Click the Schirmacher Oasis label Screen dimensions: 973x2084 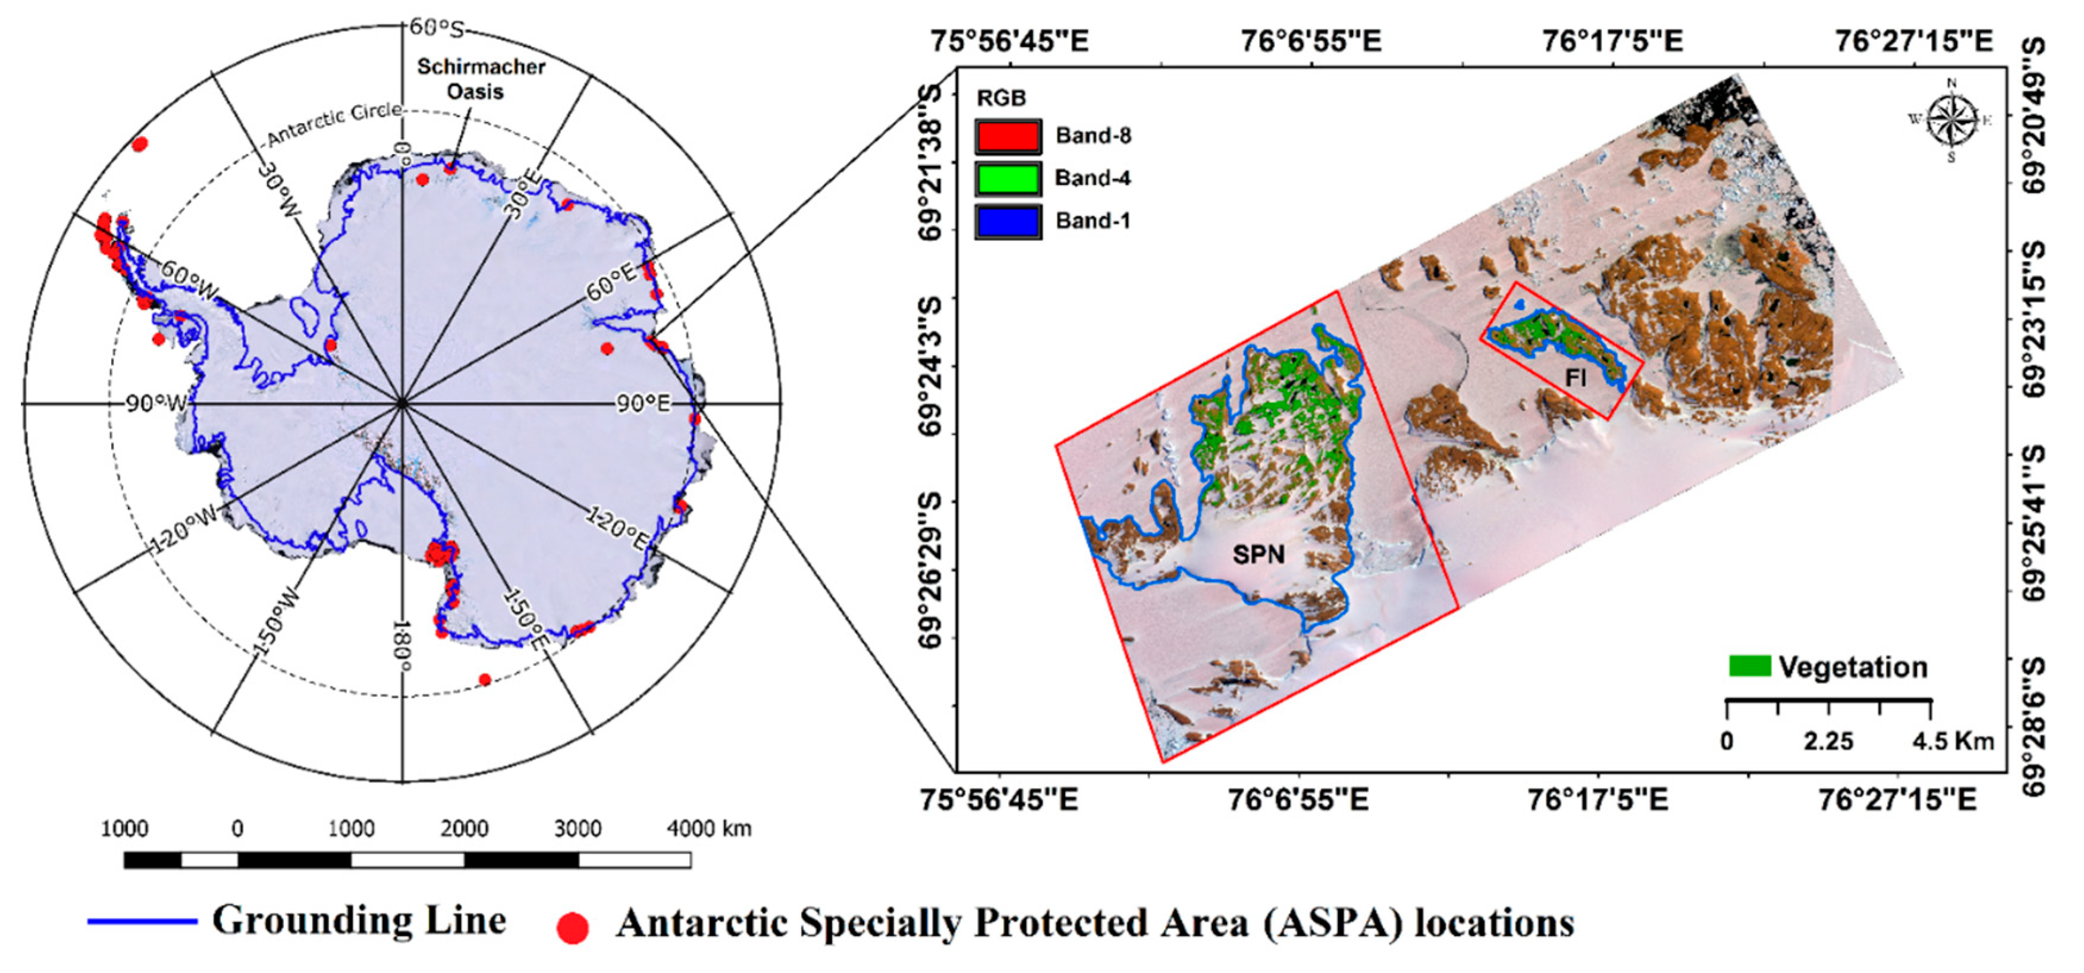click(x=481, y=79)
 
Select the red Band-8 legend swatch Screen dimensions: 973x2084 click(x=1008, y=136)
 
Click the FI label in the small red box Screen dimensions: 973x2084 click(x=1575, y=378)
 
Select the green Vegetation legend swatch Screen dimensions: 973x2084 click(x=1749, y=666)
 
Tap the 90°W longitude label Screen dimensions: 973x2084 click(x=155, y=403)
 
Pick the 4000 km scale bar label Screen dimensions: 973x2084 click(x=709, y=829)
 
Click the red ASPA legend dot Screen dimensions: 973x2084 click(x=573, y=928)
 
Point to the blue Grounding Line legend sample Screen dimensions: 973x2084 click(x=142, y=921)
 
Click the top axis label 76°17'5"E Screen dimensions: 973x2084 click(x=1612, y=40)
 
